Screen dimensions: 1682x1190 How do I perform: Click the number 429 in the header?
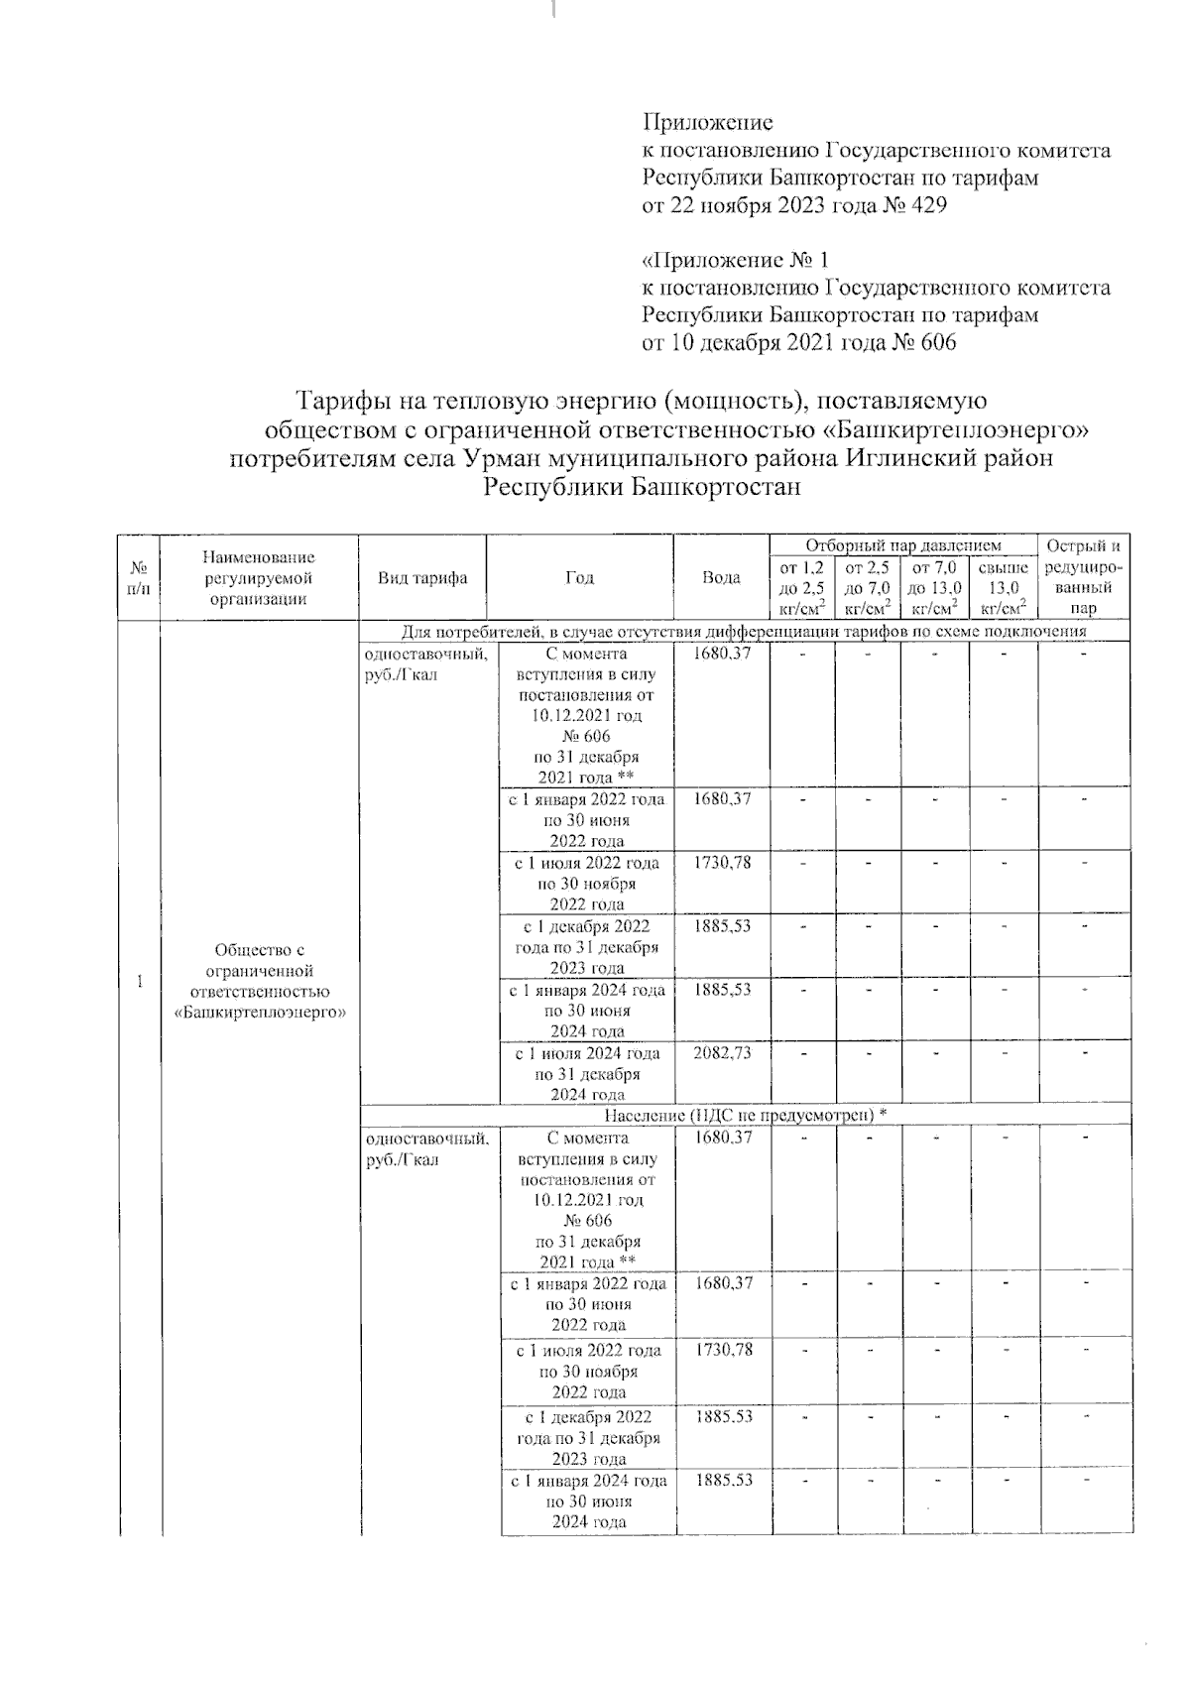coord(926,206)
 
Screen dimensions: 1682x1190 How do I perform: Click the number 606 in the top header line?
coord(935,343)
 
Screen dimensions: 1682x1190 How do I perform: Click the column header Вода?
coord(721,578)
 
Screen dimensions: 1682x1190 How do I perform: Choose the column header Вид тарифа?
coord(421,578)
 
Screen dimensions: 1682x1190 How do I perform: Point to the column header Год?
coord(580,578)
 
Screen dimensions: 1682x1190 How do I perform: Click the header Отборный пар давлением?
coord(902,545)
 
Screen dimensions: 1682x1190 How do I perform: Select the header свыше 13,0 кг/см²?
coord(1003,588)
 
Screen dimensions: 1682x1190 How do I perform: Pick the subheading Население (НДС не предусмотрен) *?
coord(744,1115)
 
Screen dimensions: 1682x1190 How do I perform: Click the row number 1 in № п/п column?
coord(140,982)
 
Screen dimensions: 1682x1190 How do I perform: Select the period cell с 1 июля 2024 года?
coord(586,1073)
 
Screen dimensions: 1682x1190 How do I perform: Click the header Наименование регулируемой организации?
coord(259,578)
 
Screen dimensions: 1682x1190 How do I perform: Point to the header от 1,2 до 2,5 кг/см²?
coord(802,588)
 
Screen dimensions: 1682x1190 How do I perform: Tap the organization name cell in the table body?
coord(259,982)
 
